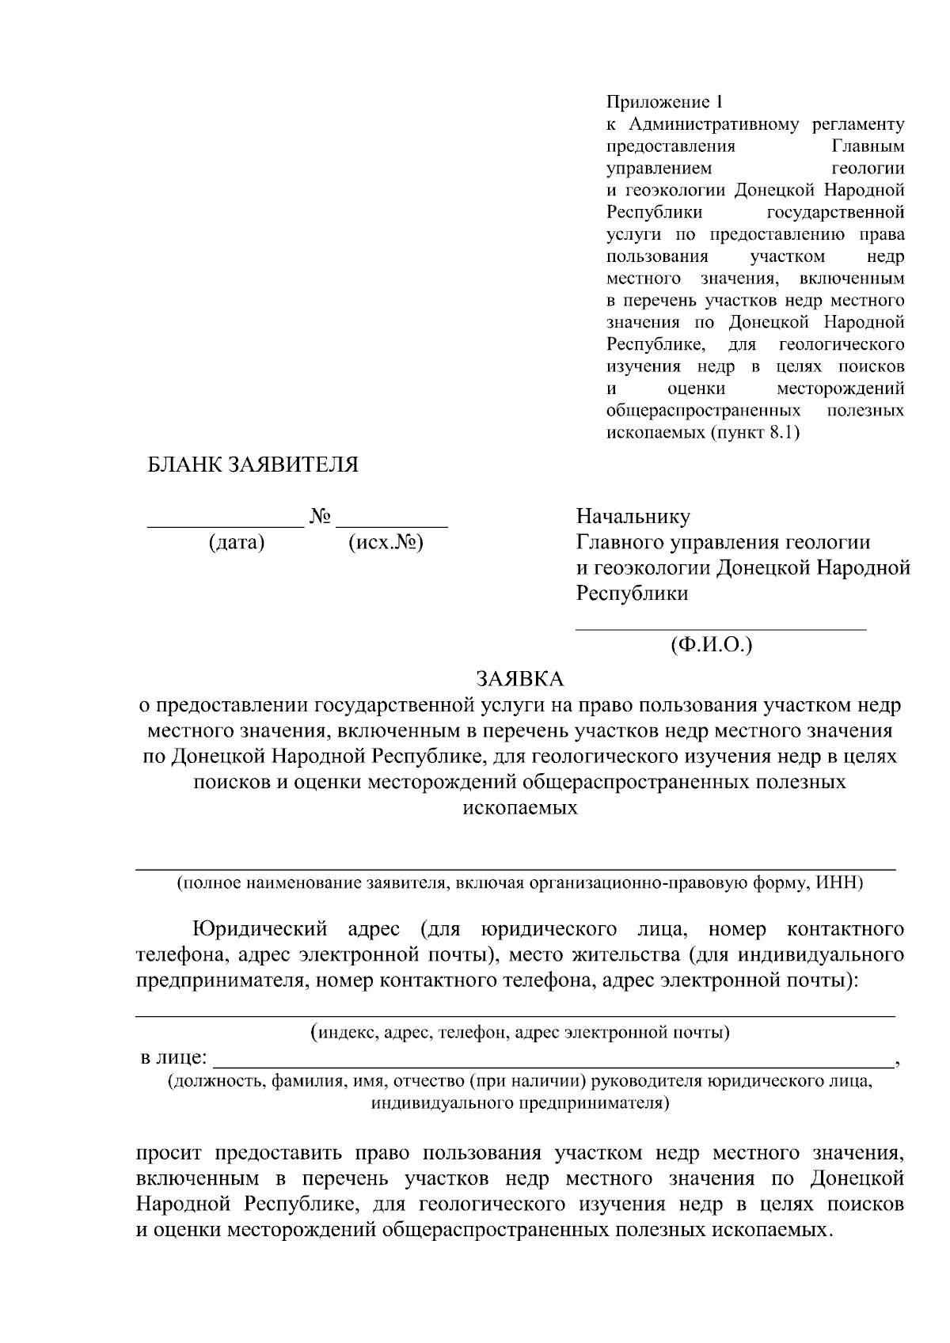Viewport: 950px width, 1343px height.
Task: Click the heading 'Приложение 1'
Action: click(665, 102)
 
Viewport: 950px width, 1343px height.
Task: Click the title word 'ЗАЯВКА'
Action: click(519, 679)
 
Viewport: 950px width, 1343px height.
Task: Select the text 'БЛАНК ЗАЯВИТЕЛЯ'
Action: click(253, 465)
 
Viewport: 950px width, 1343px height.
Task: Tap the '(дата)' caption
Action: click(236, 543)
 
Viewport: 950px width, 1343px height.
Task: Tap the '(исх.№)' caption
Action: click(386, 543)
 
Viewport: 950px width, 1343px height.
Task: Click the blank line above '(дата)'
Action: click(226, 525)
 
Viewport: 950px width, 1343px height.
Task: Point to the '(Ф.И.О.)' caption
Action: click(710, 645)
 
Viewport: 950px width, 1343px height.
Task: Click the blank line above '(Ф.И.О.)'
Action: click(720, 629)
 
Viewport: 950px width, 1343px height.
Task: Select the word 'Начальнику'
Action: click(633, 517)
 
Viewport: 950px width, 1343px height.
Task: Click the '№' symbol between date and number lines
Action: click(320, 517)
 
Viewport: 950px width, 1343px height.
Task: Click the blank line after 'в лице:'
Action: click(554, 1065)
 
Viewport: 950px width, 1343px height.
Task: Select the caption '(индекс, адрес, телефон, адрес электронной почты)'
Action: click(520, 1032)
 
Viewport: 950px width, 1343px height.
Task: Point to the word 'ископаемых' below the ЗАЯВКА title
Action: click(519, 808)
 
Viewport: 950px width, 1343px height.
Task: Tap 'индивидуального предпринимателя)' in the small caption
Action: click(520, 1102)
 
